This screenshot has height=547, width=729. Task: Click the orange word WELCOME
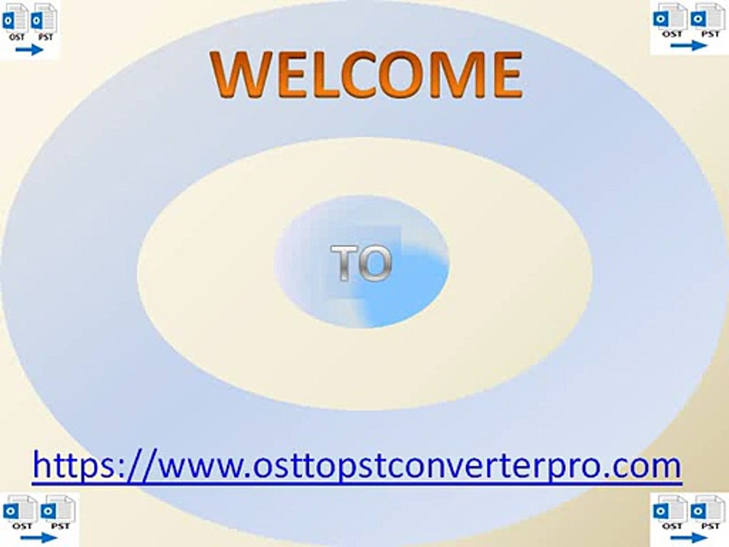coord(367,74)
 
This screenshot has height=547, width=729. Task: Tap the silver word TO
coord(361,263)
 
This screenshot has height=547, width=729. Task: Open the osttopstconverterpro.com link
coord(357,465)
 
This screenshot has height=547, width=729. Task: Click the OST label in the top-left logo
coord(17,37)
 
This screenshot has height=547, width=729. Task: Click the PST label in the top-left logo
coord(46,37)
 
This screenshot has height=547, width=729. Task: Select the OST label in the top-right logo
coord(672,34)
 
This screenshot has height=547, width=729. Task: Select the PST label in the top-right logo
coord(710,34)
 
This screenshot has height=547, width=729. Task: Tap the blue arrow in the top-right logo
coord(688,46)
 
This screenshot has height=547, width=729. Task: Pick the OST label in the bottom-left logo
coord(22,526)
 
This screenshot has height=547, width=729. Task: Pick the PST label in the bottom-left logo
coord(60,526)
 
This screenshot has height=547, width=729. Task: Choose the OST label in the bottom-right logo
coord(672,526)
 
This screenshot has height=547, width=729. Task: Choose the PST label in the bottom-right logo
coord(710,526)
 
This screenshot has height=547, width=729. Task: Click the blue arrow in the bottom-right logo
coord(688,538)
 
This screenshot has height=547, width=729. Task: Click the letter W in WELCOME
coord(237,74)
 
